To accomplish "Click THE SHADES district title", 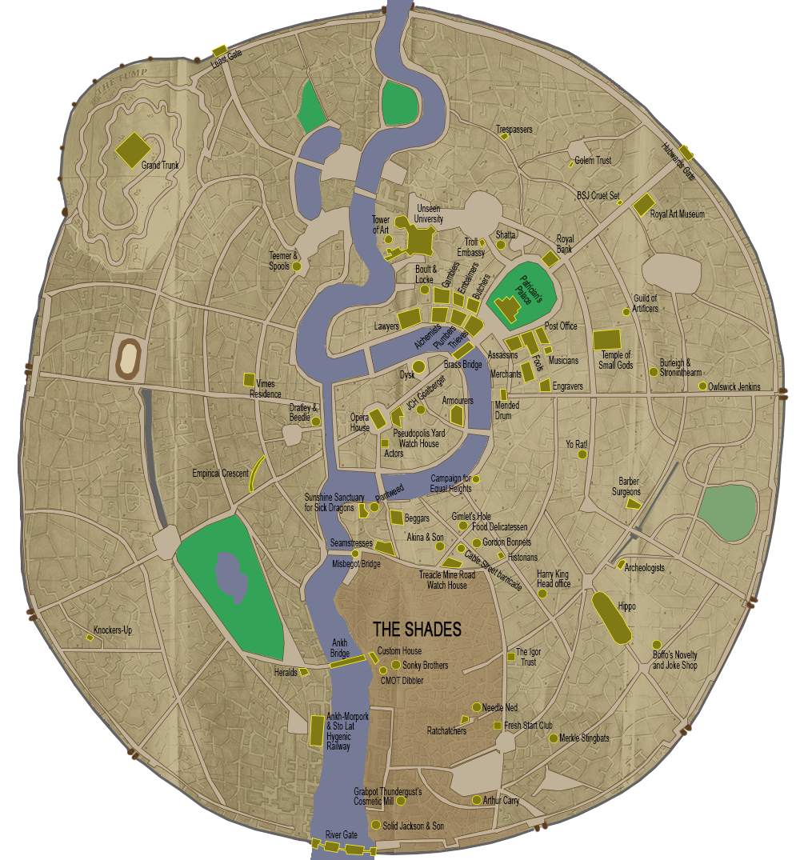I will pyautogui.click(x=417, y=630).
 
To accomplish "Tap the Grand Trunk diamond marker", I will pyautogui.click(x=133, y=149).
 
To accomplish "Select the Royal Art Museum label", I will pyautogui.click(x=677, y=214).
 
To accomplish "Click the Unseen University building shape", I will pyautogui.click(x=421, y=239).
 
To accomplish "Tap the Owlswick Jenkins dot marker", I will pyautogui.click(x=702, y=386).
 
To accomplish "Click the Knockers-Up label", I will pyautogui.click(x=113, y=630).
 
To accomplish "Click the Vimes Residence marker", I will pyautogui.click(x=250, y=380).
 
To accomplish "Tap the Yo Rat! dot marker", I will pyautogui.click(x=582, y=454).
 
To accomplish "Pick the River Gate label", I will pyautogui.click(x=341, y=834).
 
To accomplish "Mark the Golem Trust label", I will pyautogui.click(x=593, y=161).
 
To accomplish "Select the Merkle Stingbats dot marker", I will pyautogui.click(x=553, y=738).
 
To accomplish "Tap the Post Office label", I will pyautogui.click(x=561, y=326).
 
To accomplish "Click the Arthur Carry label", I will pyautogui.click(x=502, y=801).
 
